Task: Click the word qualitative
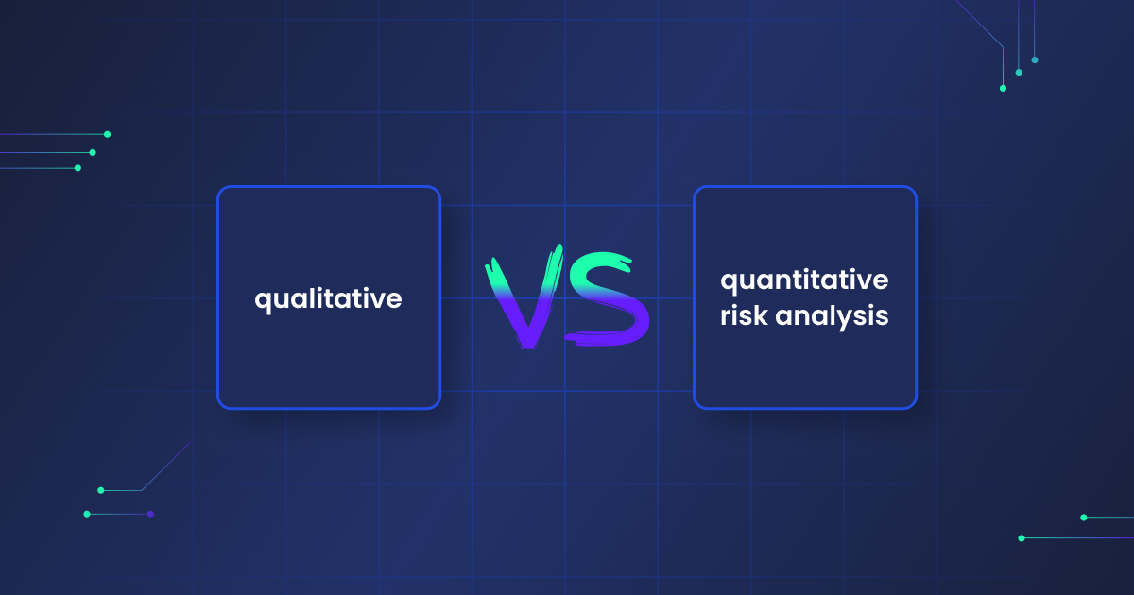(328, 299)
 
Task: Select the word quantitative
(804, 280)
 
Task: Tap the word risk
(744, 315)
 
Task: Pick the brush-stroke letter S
(608, 298)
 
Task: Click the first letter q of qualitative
(264, 301)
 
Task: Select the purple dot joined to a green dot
(150, 514)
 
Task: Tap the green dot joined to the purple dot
(87, 514)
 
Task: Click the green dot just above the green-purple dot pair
(101, 490)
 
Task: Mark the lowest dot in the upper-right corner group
(1003, 89)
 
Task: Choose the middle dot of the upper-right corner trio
(1019, 73)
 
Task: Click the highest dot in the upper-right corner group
(1035, 60)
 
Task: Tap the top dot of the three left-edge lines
(108, 134)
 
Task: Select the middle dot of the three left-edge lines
(93, 152)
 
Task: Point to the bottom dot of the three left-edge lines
(77, 168)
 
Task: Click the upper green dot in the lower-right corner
(1084, 518)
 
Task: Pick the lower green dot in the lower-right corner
(1022, 538)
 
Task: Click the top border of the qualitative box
(329, 187)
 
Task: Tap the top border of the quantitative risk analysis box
(805, 187)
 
